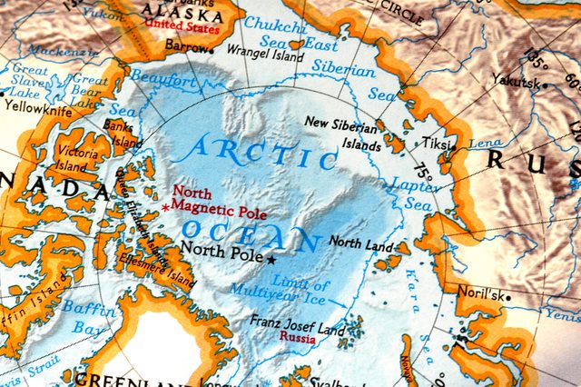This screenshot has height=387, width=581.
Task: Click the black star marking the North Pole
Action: pos(271,260)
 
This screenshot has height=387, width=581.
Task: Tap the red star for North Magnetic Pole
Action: pos(165,208)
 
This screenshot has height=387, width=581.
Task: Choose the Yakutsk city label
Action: pos(510,80)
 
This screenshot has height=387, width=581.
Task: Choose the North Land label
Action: pos(360,243)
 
